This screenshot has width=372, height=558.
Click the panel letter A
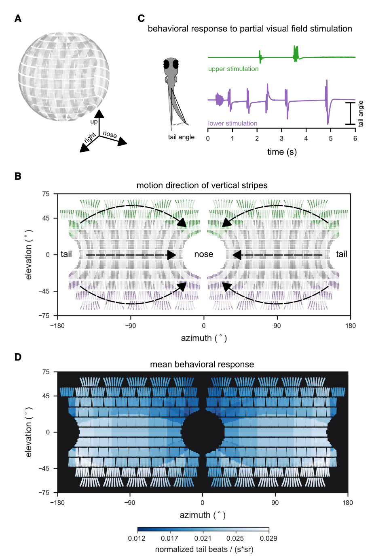[18, 19]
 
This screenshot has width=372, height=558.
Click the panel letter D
[18, 357]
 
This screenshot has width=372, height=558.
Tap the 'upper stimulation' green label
[233, 69]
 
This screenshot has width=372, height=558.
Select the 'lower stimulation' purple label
[232, 124]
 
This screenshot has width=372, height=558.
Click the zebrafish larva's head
[171, 65]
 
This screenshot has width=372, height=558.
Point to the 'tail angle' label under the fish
[181, 137]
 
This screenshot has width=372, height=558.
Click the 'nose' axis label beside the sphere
[110, 134]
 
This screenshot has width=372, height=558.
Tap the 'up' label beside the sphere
[94, 122]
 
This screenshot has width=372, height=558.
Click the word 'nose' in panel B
[204, 254]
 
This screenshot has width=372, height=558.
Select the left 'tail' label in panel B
[66, 254]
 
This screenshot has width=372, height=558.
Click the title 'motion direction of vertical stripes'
[202, 185]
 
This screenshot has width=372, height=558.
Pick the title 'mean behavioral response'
[202, 364]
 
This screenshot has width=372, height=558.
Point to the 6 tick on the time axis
[355, 138]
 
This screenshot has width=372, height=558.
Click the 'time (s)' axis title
[282, 152]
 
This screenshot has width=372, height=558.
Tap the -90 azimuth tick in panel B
[130, 326]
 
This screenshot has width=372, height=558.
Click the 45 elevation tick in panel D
[46, 396]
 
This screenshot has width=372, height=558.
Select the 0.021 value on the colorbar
[203, 538]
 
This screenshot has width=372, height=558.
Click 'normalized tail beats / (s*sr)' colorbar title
[204, 549]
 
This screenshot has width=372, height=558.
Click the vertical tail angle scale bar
[350, 113]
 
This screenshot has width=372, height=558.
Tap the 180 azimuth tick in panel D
[347, 503]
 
